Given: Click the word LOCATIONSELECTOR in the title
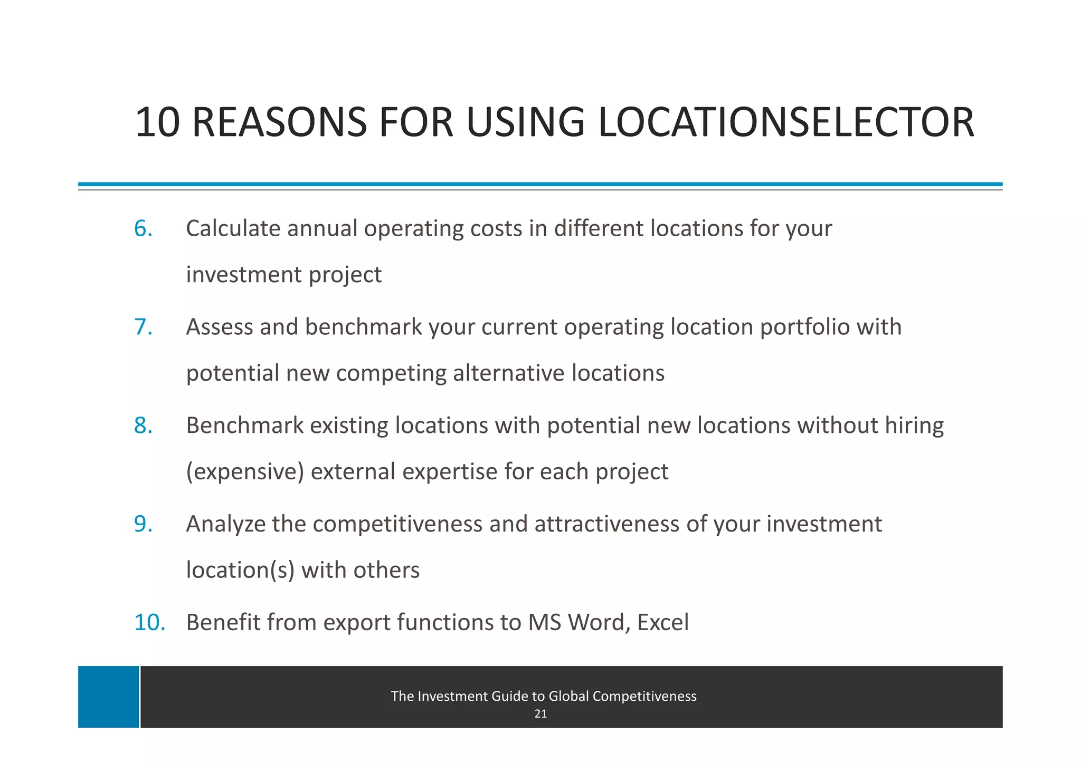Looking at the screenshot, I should click(x=786, y=122).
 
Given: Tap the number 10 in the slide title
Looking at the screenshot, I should click(x=157, y=122).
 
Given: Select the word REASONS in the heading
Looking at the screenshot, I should click(x=279, y=122).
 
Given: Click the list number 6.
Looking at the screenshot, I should click(x=143, y=229).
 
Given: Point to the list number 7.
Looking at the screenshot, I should click(x=143, y=327).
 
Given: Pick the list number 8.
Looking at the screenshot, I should click(x=143, y=426).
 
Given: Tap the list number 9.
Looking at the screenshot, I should click(x=143, y=524).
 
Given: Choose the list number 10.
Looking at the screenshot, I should click(x=149, y=623).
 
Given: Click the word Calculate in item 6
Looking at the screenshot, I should click(x=233, y=229).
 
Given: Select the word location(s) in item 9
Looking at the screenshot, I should click(x=240, y=570).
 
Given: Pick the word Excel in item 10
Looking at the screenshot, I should click(x=663, y=623).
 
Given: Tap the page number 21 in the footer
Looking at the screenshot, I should click(x=540, y=714).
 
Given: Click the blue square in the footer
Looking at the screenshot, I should click(x=108, y=697).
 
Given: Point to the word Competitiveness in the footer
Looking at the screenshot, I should click(x=644, y=697).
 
